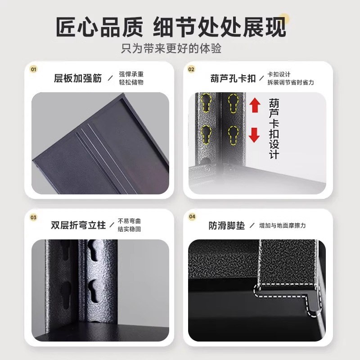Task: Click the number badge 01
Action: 33,70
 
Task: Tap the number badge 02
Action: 191,70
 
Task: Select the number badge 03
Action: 33,217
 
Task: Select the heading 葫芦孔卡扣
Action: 233,78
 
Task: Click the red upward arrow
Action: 255,106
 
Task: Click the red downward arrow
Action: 255,135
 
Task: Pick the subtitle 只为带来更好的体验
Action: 171,48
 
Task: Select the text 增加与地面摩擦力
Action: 283,225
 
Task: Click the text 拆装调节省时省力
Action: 290,82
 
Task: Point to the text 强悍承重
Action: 131,74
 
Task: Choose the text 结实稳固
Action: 129,229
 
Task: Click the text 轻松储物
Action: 131,83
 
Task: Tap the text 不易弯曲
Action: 129,221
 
